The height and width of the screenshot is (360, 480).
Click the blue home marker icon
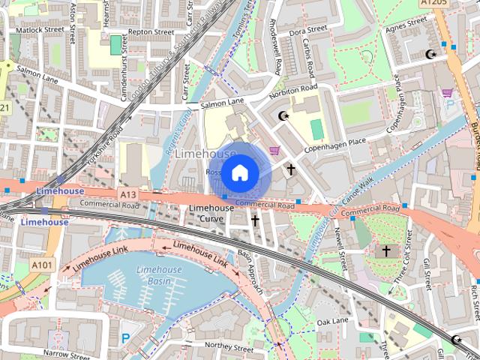[239, 173]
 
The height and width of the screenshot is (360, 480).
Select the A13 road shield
[127, 193]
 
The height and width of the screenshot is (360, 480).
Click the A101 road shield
[43, 264]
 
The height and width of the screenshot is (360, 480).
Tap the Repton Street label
[151, 32]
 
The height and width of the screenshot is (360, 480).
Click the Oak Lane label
[333, 322]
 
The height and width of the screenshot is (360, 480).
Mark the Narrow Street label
[66, 352]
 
